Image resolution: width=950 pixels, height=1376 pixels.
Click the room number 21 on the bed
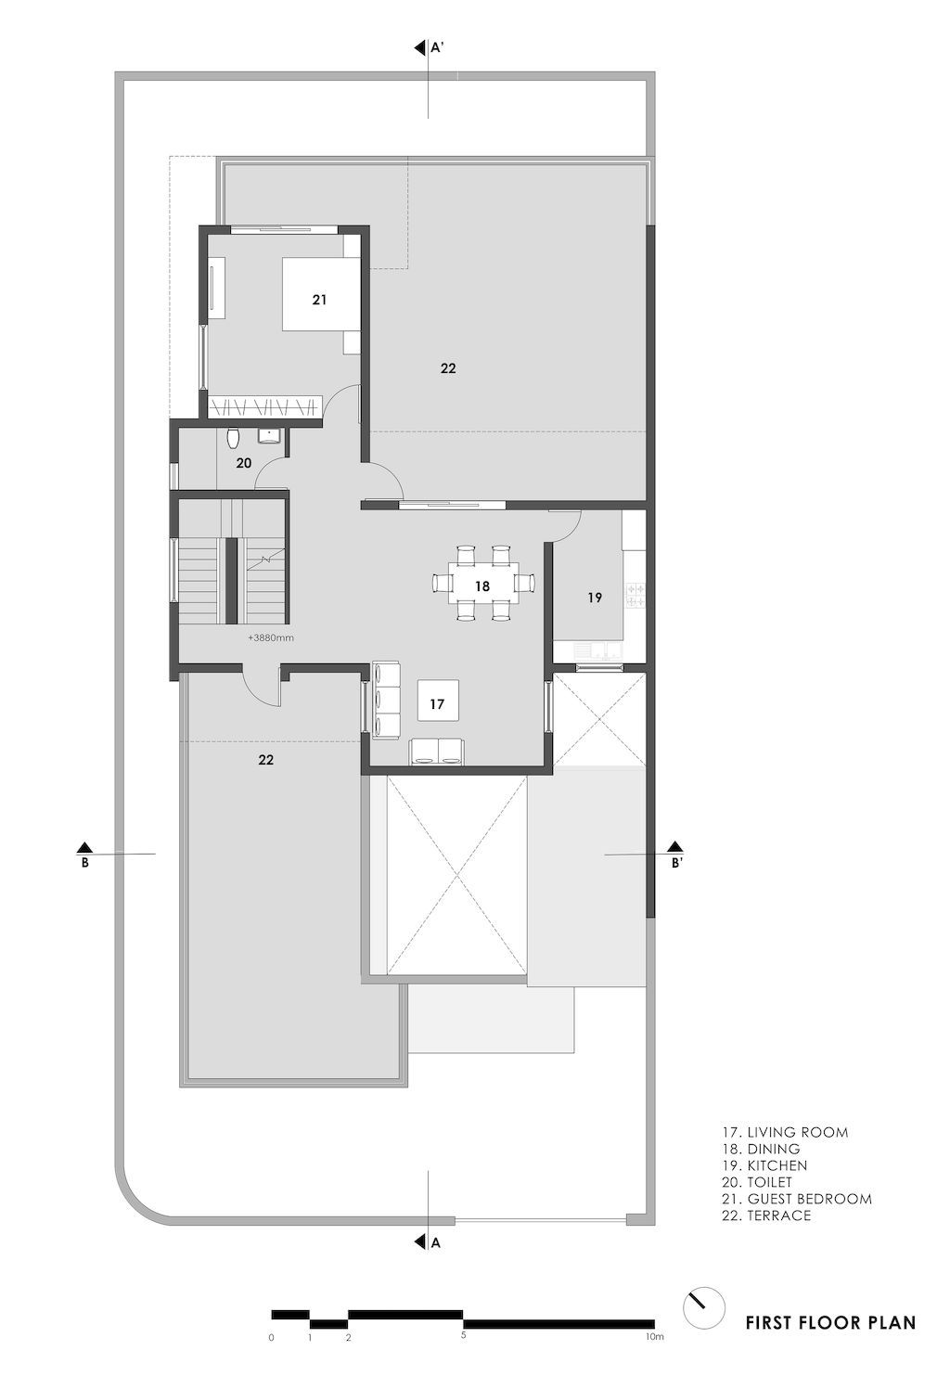pyautogui.click(x=319, y=300)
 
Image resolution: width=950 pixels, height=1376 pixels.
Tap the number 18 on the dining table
pyautogui.click(x=481, y=585)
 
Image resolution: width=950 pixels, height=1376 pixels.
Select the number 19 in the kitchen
pyautogui.click(x=595, y=598)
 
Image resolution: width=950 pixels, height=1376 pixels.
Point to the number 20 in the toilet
pyautogui.click(x=243, y=462)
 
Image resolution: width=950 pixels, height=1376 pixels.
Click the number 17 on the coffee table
pyautogui.click(x=437, y=704)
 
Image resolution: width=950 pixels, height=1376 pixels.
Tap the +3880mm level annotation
pyautogui.click(x=270, y=638)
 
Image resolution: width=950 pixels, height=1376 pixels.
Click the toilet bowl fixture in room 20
pyautogui.click(x=234, y=436)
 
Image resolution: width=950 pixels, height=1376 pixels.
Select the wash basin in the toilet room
pyautogui.click(x=270, y=435)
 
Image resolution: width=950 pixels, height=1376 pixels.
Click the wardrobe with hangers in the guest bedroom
pyautogui.click(x=263, y=405)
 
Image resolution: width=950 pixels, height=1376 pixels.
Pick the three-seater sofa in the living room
pyautogui.click(x=385, y=699)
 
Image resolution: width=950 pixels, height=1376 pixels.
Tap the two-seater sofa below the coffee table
pyautogui.click(x=437, y=752)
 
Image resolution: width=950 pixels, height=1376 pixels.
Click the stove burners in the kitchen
pyautogui.click(x=635, y=595)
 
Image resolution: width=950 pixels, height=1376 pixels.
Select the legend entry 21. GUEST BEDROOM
pyautogui.click(x=797, y=1199)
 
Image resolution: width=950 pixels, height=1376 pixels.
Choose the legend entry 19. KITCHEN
pyautogui.click(x=764, y=1165)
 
